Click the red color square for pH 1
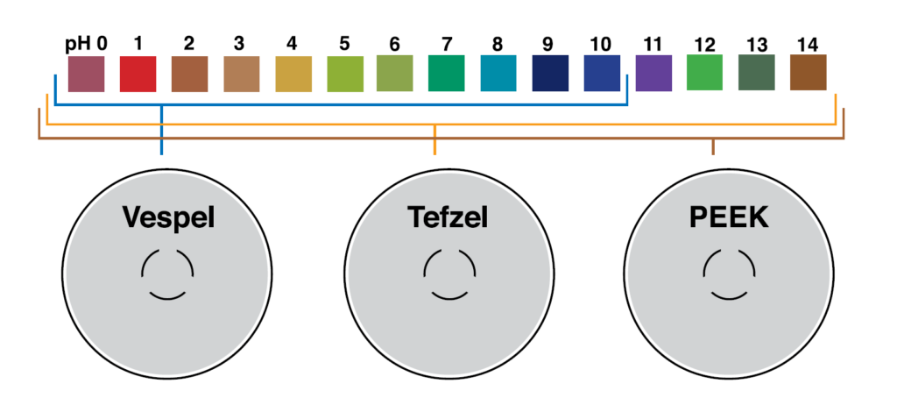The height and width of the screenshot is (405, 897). coord(138,74)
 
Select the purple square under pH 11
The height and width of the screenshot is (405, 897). coord(653,74)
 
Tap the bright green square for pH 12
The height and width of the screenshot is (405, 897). coord(705,73)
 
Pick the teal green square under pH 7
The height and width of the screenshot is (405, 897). coord(446,74)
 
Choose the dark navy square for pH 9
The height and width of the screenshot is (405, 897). coord(550,74)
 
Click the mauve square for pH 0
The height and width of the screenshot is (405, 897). coord(87,74)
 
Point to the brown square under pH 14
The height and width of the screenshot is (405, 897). coord(809,73)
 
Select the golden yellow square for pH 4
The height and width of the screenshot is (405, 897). coord(293,74)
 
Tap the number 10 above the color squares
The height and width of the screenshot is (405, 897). coord(600,44)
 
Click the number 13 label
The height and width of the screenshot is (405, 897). coord(757,44)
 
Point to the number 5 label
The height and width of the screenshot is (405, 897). coord(344,44)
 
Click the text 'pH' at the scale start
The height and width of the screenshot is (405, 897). coord(77,45)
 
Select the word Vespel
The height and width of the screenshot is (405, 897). coord(168,218)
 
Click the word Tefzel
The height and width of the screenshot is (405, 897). coord(448,217)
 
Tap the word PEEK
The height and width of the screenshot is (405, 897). coord(729,217)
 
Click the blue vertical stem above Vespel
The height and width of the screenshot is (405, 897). coord(161,130)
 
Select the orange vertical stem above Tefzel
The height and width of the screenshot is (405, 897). coord(434,139)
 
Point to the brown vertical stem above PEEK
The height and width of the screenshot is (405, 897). coord(713,147)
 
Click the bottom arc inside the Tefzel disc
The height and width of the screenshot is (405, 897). coord(449,296)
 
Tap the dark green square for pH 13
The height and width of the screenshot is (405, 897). coord(756,73)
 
